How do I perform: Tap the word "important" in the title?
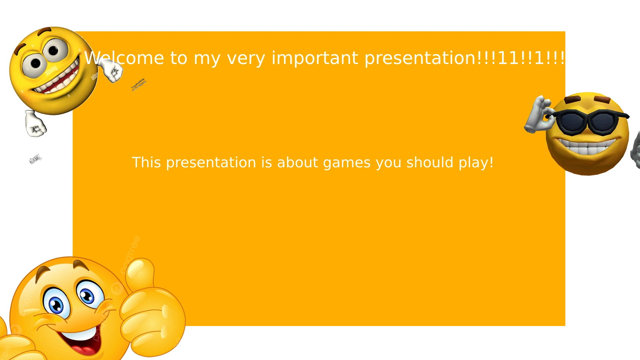(315, 58)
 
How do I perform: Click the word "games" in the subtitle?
(347, 163)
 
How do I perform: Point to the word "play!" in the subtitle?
(476, 163)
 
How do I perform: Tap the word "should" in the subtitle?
(430, 163)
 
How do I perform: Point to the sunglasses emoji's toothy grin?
(587, 147)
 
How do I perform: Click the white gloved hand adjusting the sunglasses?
(538, 115)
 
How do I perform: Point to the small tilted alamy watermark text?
(35, 159)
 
